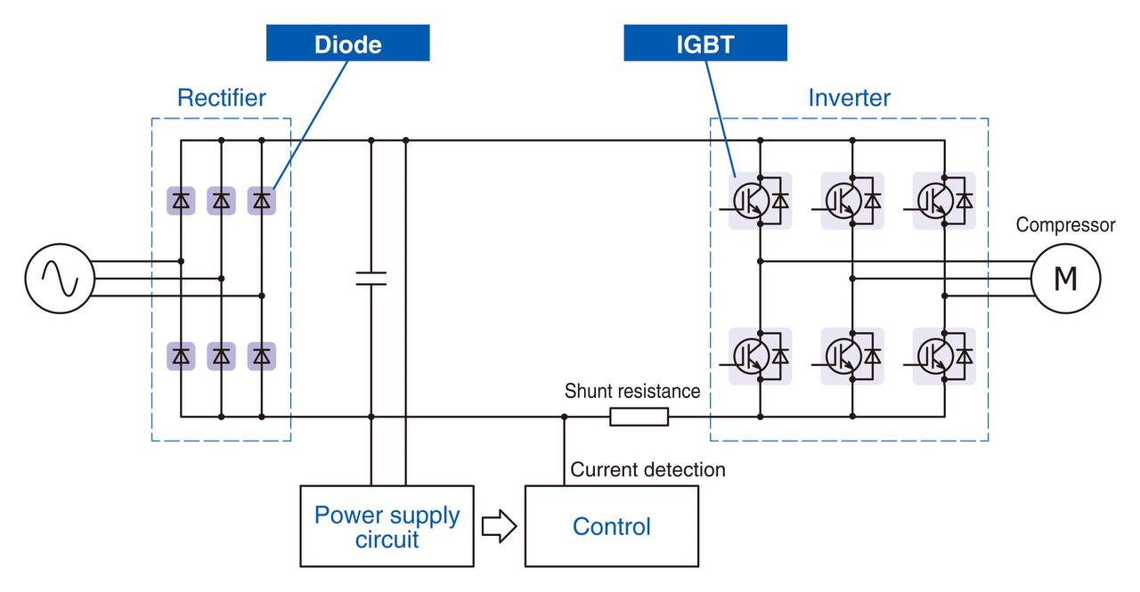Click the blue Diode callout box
[347, 43]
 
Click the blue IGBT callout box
[704, 43]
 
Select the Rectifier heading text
[222, 98]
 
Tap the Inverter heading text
[849, 98]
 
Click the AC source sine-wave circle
[60, 279]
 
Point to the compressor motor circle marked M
[1066, 279]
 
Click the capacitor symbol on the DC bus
[371, 279]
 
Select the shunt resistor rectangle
[639, 417]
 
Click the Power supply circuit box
[387, 526]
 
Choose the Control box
[612, 526]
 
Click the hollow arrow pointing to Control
[500, 526]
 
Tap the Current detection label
[647, 469]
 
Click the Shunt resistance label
[632, 391]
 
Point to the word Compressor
[1066, 224]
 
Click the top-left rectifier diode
[181, 201]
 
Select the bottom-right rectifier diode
[262, 356]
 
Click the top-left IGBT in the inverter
[760, 201]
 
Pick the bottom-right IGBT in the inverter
[944, 356]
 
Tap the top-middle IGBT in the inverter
[852, 201]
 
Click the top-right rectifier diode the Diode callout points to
[262, 201]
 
